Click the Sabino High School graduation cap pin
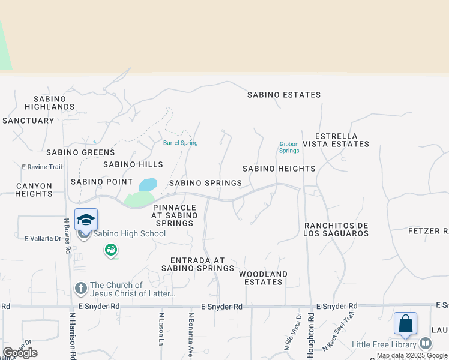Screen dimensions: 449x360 pyautogui.click(x=86, y=220)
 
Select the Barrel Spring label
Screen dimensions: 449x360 pyautogui.click(x=180, y=143)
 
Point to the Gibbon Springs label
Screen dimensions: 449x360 pyautogui.click(x=289, y=147)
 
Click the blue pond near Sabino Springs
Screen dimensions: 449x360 pyautogui.click(x=148, y=184)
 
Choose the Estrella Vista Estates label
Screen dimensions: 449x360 pyautogui.click(x=335, y=140)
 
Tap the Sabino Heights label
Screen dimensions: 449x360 pyautogui.click(x=279, y=169)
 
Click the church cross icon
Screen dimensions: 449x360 pyautogui.click(x=81, y=289)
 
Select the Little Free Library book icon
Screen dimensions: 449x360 pyautogui.click(x=425, y=344)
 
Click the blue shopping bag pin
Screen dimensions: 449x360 pyautogui.click(x=405, y=323)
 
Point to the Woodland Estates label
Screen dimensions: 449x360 pyautogui.click(x=263, y=278)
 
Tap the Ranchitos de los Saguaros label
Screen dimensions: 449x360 pyautogui.click(x=336, y=229)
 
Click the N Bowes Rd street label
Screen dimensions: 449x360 pyautogui.click(x=67, y=235)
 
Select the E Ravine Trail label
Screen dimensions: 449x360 pyautogui.click(x=42, y=167)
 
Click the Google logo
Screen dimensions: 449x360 pyautogui.click(x=20, y=353)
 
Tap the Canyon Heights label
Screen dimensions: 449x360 pyautogui.click(x=34, y=190)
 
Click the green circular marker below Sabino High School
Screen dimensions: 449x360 pyautogui.click(x=110, y=250)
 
